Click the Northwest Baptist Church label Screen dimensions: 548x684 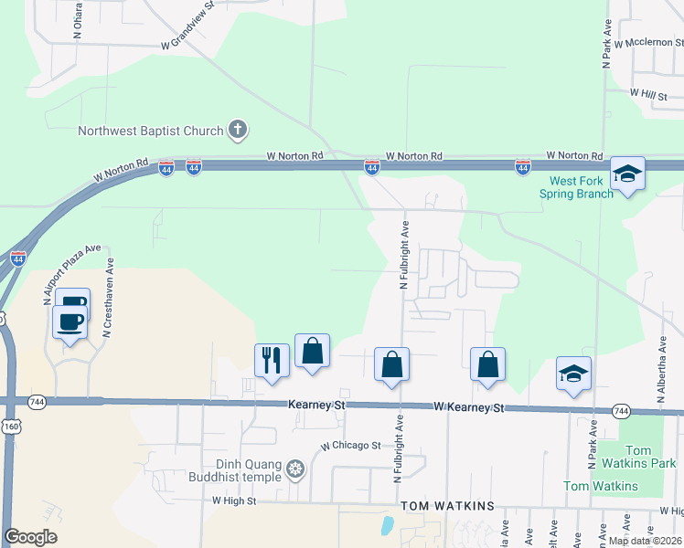(x=151, y=131)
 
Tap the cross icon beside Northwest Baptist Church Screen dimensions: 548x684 (x=237, y=130)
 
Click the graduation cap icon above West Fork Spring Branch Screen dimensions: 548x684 (x=628, y=173)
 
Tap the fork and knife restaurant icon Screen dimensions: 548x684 (x=271, y=359)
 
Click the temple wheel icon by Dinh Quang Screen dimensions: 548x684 (x=294, y=471)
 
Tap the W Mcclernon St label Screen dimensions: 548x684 (x=648, y=43)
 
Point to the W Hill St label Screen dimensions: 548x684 (x=648, y=94)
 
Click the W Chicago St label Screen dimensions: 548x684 (x=349, y=446)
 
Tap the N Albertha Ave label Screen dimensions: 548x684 (x=660, y=375)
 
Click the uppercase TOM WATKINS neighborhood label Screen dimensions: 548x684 (x=448, y=506)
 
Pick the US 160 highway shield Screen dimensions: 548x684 (x=10, y=427)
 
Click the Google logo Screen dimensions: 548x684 (x=30, y=537)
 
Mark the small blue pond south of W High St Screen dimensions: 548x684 (x=388, y=526)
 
